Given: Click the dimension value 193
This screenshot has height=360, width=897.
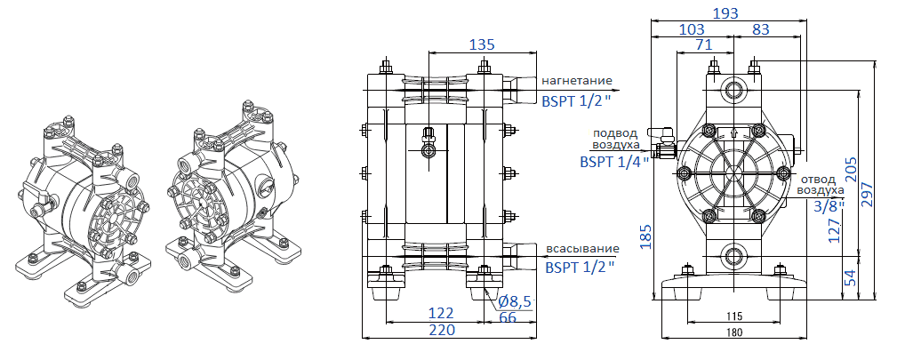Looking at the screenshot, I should (x=726, y=12).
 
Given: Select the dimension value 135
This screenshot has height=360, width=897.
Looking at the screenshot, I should (x=483, y=44).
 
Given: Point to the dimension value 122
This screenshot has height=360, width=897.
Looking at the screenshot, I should (x=442, y=313).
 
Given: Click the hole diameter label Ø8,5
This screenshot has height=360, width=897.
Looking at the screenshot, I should (x=514, y=301).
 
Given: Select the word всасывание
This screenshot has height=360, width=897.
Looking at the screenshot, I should (x=579, y=247).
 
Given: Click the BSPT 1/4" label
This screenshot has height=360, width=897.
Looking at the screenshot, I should (x=613, y=162).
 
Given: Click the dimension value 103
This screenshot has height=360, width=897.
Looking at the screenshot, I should (x=692, y=29).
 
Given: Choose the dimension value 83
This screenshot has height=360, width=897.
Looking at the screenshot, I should (x=761, y=29).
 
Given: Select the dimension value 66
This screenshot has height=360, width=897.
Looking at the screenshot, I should (x=508, y=317).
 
